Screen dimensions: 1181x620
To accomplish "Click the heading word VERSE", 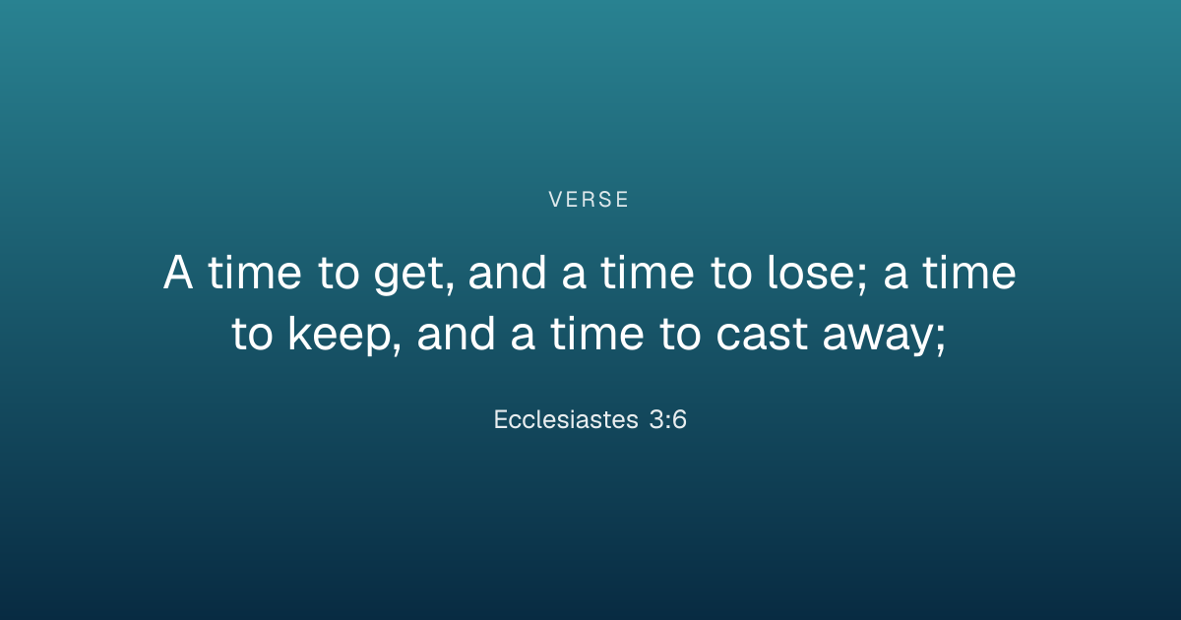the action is pos(589,200).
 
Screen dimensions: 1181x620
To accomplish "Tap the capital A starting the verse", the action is pos(178,272).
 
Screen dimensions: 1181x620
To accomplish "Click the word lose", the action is pos(810,272).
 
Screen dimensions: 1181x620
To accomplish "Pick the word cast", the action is pos(762,334).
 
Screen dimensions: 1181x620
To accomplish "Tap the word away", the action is pos(878,338).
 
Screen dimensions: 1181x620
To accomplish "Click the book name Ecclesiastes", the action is pos(566,419).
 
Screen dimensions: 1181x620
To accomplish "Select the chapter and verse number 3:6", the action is pos(668,419).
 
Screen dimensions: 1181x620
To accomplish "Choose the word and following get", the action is pos(507,272).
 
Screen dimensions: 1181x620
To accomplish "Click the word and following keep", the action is pos(456,334).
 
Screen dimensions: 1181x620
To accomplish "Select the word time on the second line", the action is pos(596,334).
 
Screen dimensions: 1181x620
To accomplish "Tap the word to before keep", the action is pos(252,334).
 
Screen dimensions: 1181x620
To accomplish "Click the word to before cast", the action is pos(680,334).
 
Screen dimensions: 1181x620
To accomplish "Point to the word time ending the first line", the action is pos(968,272).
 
